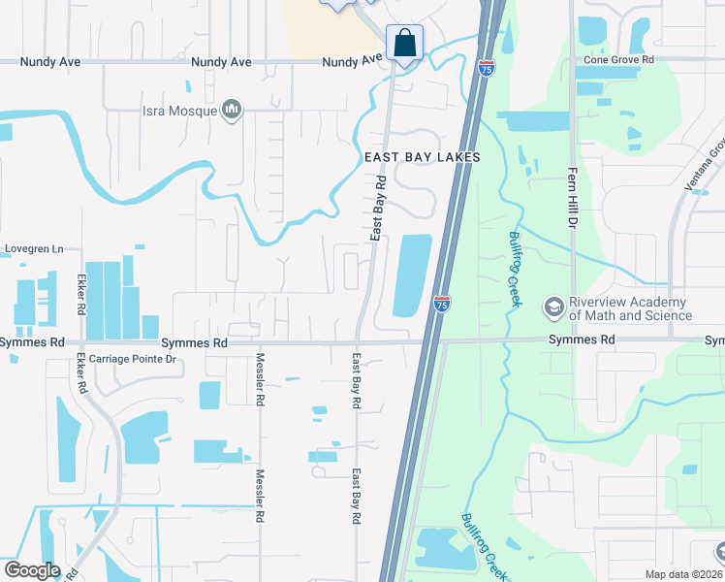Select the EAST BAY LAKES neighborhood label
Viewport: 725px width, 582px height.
click(423, 156)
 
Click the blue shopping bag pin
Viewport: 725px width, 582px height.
click(403, 44)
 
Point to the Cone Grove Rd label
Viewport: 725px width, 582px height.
click(619, 59)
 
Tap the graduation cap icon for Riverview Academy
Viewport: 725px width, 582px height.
click(553, 308)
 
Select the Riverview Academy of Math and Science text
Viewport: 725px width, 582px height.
click(630, 308)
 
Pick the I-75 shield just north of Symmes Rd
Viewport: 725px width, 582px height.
click(441, 304)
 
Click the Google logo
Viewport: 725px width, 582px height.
click(33, 570)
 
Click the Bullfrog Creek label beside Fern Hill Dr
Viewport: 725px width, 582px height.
click(515, 270)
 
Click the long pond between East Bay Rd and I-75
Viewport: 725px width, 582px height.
click(412, 275)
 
